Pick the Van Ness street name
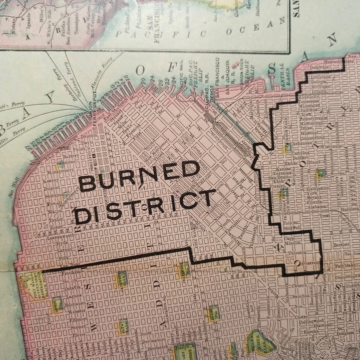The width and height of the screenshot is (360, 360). (71, 265)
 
